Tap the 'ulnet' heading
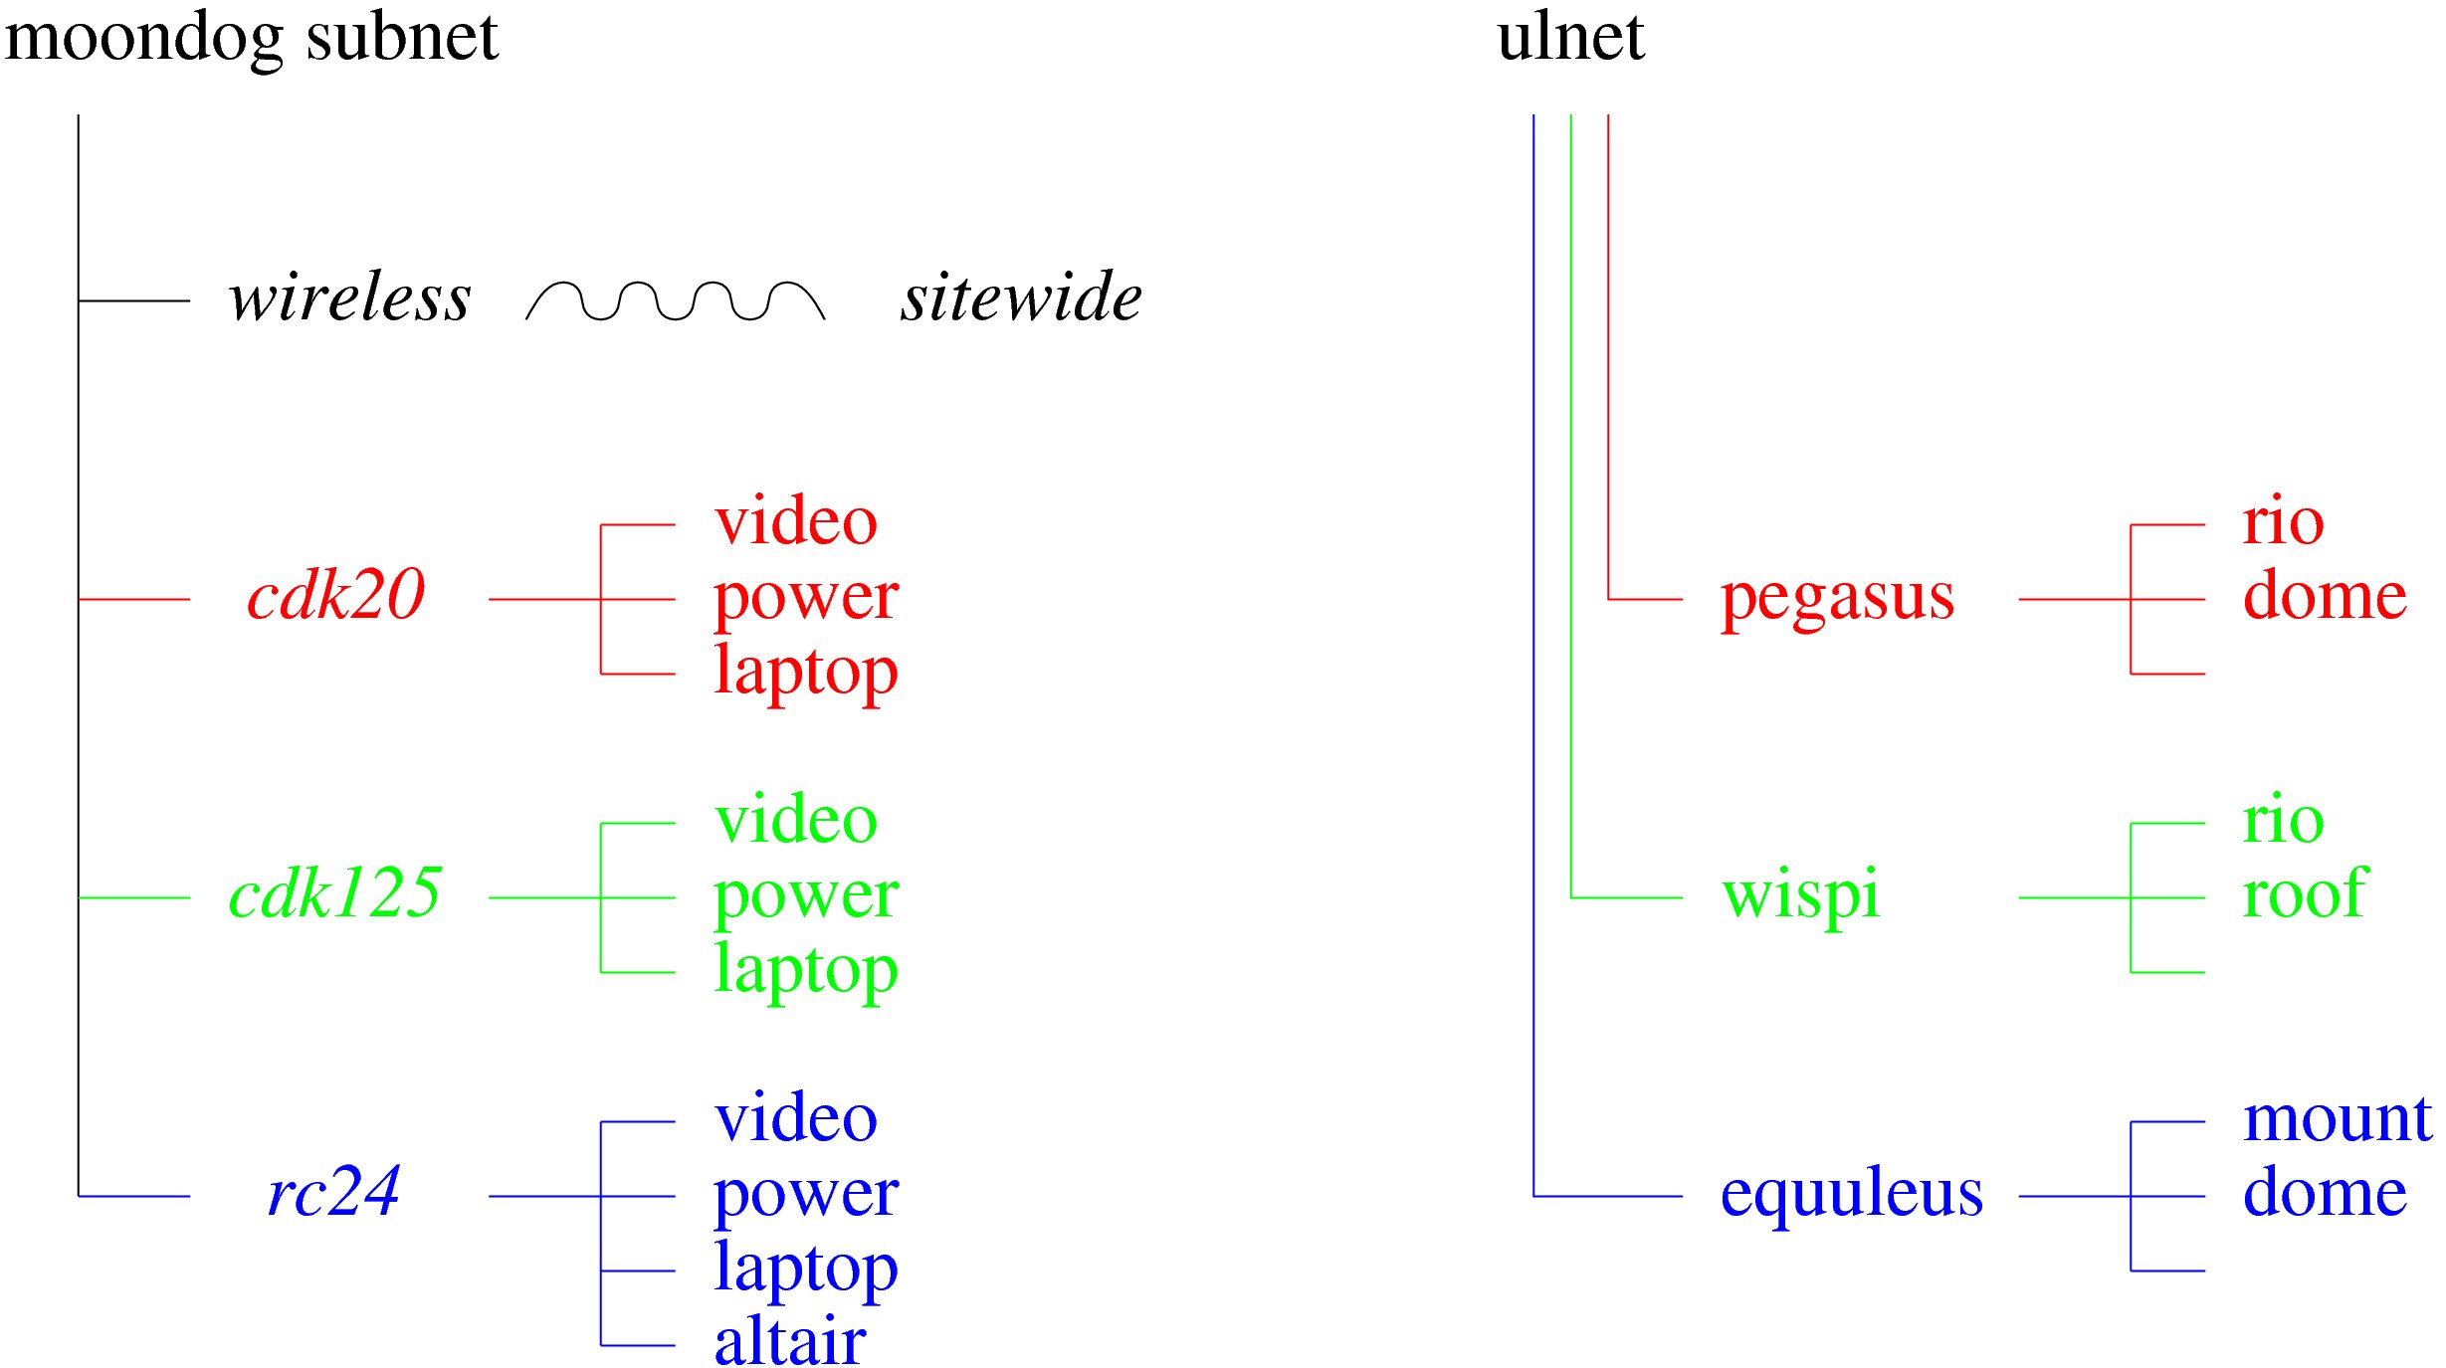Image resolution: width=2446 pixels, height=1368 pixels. point(1570,38)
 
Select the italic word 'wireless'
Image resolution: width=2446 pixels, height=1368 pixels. point(349,297)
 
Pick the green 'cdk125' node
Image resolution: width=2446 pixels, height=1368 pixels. point(334,893)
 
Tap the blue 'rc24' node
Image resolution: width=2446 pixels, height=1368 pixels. point(334,1192)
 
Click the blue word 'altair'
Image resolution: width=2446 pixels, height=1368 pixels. point(790,1341)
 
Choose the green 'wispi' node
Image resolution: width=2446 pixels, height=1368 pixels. point(1801,895)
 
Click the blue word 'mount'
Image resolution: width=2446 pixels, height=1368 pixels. point(2338,1119)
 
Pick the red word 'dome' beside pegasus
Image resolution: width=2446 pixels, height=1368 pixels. point(2326,595)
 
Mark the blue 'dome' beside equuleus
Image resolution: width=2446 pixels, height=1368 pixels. point(2326,1192)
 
